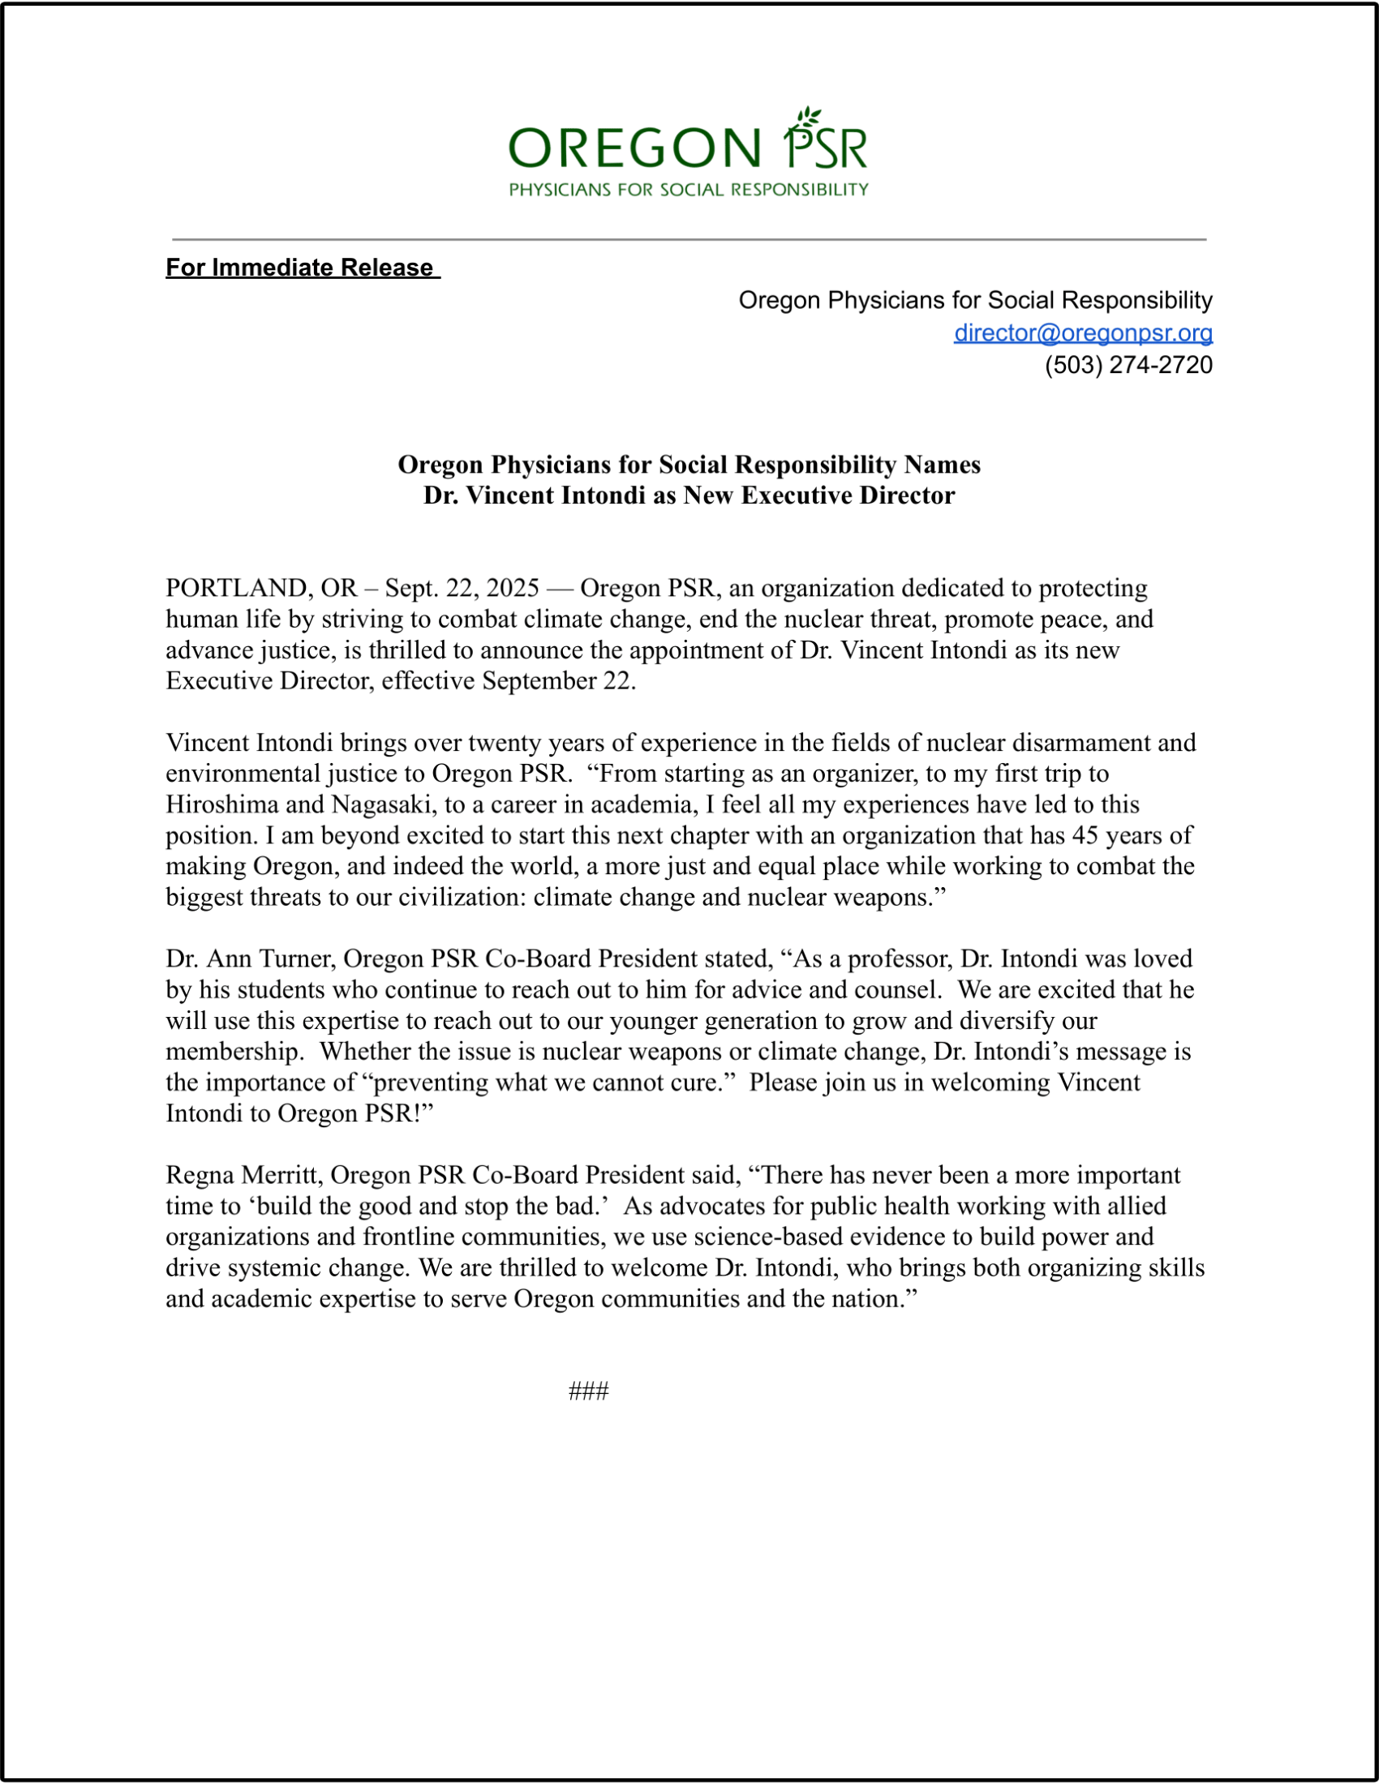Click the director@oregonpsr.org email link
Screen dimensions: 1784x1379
pos(1082,333)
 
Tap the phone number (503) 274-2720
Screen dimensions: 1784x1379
pos(1128,365)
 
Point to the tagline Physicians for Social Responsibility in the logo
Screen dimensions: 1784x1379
pos(689,191)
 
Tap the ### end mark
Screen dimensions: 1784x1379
pos(588,1392)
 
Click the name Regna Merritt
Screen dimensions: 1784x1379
pos(244,1176)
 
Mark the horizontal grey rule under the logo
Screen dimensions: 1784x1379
pos(689,240)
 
